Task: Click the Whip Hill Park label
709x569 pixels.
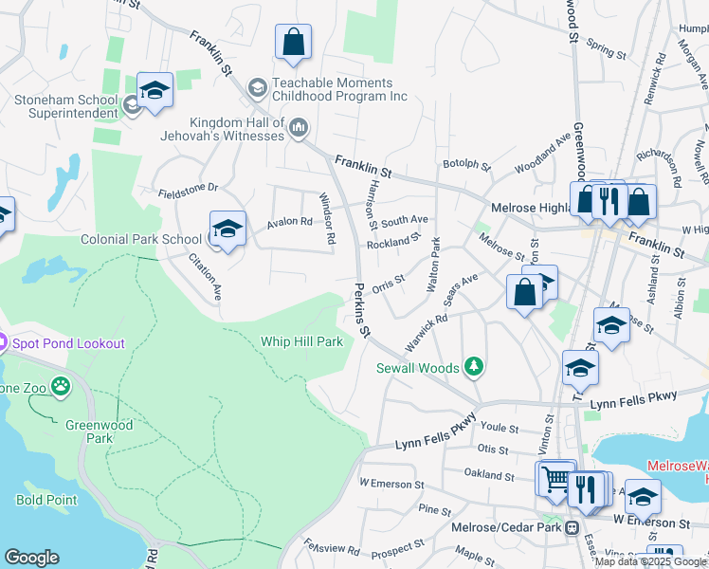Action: click(301, 341)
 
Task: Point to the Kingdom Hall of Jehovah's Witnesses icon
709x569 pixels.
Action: click(298, 127)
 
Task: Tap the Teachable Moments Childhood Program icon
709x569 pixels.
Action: click(257, 88)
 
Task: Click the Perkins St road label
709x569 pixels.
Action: click(362, 313)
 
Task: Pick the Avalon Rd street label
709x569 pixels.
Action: click(289, 222)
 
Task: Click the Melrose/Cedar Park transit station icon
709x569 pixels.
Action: click(573, 528)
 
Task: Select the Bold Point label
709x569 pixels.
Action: click(39, 499)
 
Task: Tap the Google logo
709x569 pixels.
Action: click(31, 558)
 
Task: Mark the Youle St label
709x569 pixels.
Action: click(496, 429)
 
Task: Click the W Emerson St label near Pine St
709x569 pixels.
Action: click(391, 484)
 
